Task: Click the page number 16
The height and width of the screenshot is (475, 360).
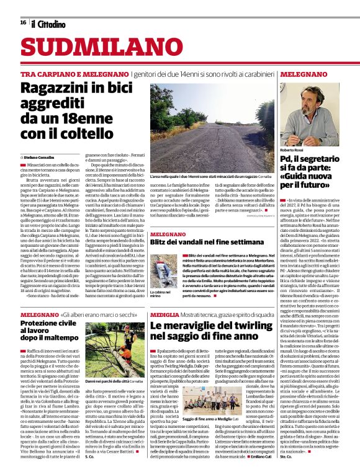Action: pos(22,22)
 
